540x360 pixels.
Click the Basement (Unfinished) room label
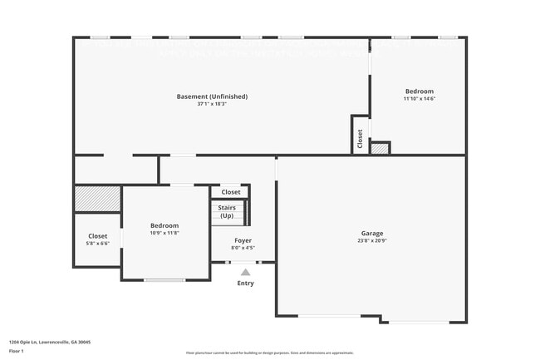(212, 96)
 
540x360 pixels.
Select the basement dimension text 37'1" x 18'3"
(212, 105)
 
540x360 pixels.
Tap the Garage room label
(371, 233)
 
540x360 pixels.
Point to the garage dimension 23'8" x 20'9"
(371, 241)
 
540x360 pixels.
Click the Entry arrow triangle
(245, 271)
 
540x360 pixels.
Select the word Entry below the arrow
(245, 284)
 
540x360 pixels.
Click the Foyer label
(243, 240)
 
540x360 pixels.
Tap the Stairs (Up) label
(227, 211)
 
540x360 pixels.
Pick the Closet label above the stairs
(230, 192)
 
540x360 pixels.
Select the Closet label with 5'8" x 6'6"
(98, 236)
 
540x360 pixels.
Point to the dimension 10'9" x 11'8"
(164, 233)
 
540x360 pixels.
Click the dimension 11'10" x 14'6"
(420, 98)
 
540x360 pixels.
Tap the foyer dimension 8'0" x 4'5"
(243, 248)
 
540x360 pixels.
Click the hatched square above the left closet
(98, 200)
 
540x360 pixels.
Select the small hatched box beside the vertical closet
(380, 148)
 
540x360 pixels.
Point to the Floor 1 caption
(17, 352)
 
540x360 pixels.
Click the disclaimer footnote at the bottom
(269, 353)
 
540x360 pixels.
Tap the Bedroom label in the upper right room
(420, 91)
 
